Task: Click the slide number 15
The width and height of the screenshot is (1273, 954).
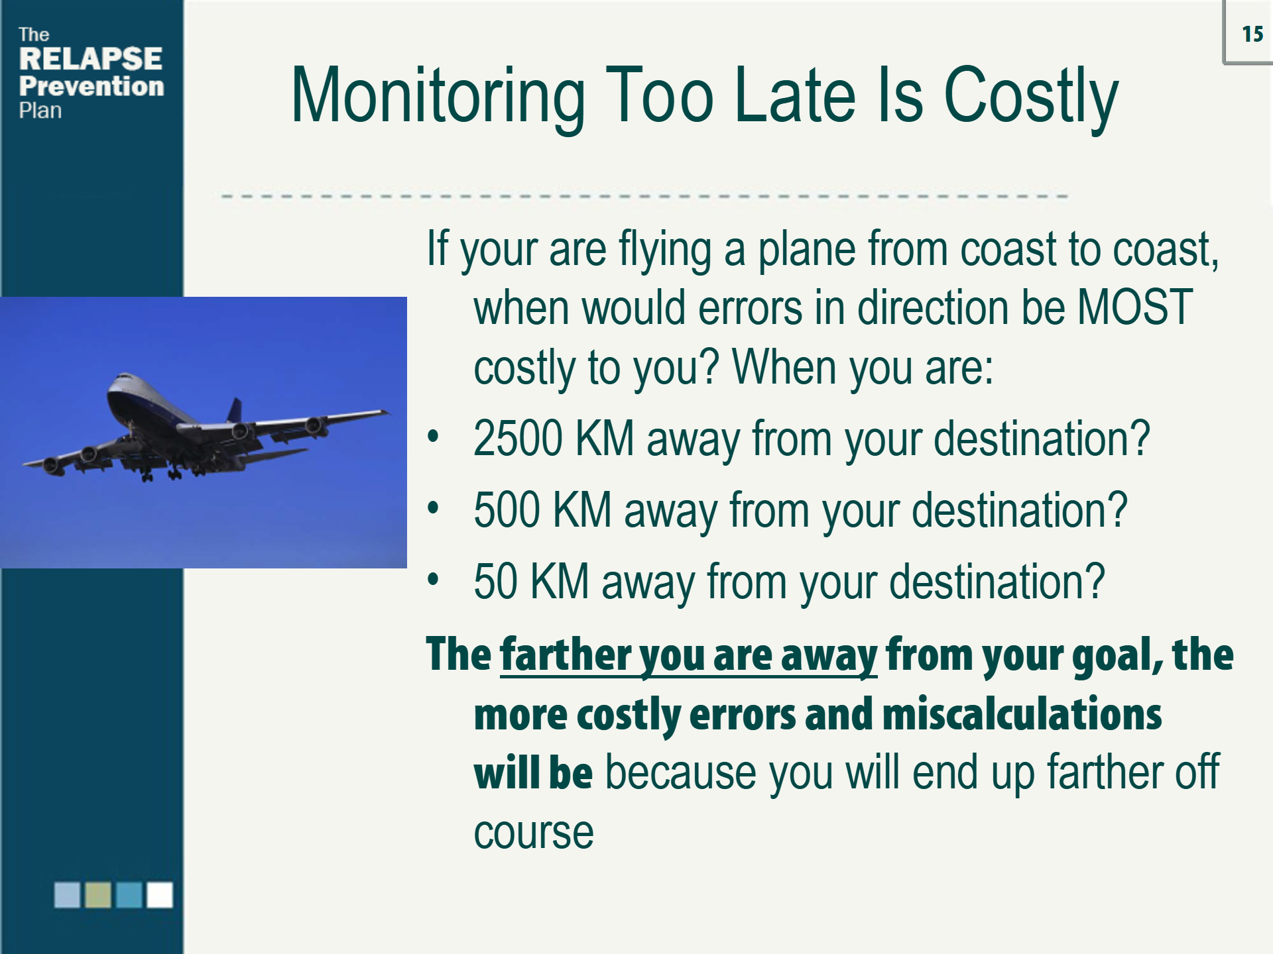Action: tap(1252, 34)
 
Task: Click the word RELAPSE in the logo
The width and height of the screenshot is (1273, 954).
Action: tap(91, 59)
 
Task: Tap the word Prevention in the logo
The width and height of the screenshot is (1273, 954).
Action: tap(91, 86)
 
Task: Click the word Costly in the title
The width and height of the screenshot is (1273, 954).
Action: tap(1030, 97)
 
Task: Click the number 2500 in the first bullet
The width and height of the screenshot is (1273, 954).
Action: tap(518, 439)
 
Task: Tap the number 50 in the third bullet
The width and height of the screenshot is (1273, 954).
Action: tap(495, 582)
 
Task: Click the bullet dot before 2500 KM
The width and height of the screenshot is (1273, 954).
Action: tap(434, 437)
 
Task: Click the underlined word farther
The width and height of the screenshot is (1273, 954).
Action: tap(566, 655)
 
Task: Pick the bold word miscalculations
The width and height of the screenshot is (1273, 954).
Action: tap(1022, 714)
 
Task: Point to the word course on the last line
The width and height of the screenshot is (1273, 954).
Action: tap(534, 833)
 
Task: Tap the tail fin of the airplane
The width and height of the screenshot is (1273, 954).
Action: tap(235, 409)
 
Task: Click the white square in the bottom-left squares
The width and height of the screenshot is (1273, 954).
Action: tap(159, 894)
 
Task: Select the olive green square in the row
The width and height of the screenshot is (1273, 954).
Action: tap(98, 894)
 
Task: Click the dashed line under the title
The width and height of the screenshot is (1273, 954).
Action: tap(643, 196)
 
